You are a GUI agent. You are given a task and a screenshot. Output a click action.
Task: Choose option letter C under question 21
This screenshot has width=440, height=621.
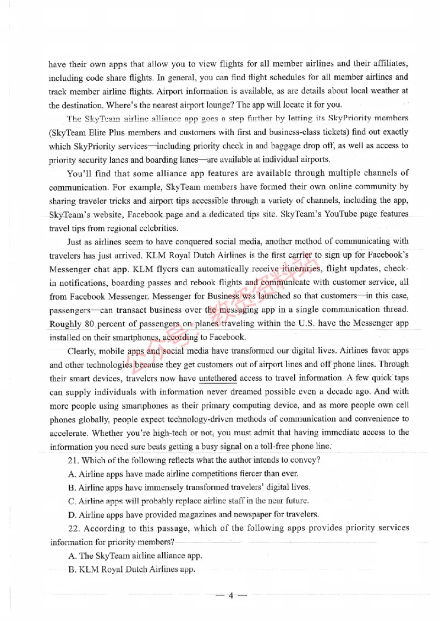click(71, 501)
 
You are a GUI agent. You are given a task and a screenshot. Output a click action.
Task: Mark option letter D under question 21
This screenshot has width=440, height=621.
click(71, 514)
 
